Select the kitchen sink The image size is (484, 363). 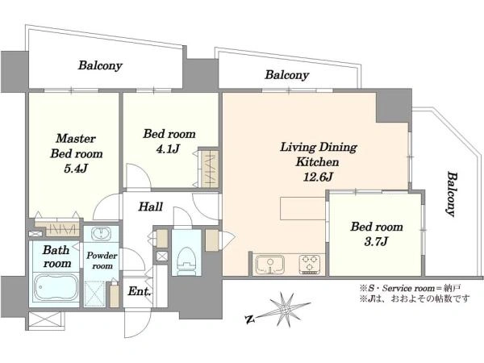pyautogui.click(x=270, y=265)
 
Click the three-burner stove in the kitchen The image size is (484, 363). pyautogui.click(x=310, y=265)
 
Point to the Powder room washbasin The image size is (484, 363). pyautogui.click(x=101, y=234)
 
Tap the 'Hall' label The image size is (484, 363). pyautogui.click(x=151, y=207)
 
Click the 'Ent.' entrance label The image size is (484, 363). pyautogui.click(x=140, y=291)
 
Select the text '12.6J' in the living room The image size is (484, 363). pyautogui.click(x=318, y=177)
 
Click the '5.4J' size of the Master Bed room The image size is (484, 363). pyautogui.click(x=76, y=169)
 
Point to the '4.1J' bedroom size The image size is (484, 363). pyautogui.click(x=169, y=149)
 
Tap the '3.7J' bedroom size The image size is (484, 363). pyautogui.click(x=376, y=241)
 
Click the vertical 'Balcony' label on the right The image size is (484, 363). pyautogui.click(x=452, y=194)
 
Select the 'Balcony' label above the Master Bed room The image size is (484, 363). pyautogui.click(x=100, y=65)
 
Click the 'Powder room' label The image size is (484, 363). pyautogui.click(x=102, y=261)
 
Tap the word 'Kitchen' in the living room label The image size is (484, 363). pyautogui.click(x=317, y=162)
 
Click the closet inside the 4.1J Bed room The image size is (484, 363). pyautogui.click(x=210, y=169)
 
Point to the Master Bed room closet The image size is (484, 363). pyautogui.click(x=56, y=228)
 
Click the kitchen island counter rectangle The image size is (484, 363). pyautogui.click(x=302, y=208)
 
